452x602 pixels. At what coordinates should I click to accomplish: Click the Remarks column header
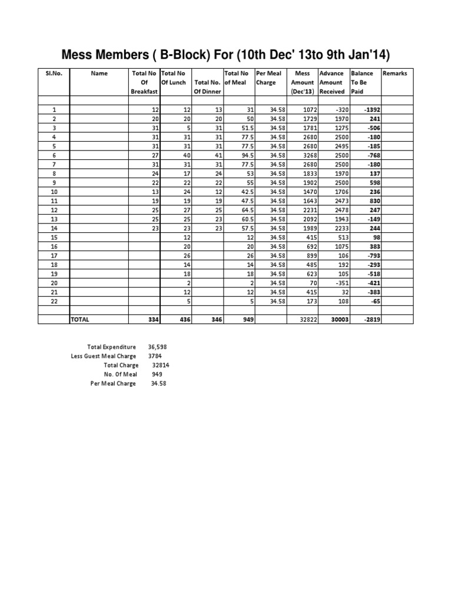(394, 73)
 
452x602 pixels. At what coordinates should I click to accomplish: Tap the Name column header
(99, 73)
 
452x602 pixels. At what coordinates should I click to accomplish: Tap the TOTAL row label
(80, 319)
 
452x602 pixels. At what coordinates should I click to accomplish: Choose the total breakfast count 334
(151, 319)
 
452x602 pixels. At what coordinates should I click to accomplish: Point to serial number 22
(54, 301)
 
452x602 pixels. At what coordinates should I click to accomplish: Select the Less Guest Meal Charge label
(103, 356)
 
